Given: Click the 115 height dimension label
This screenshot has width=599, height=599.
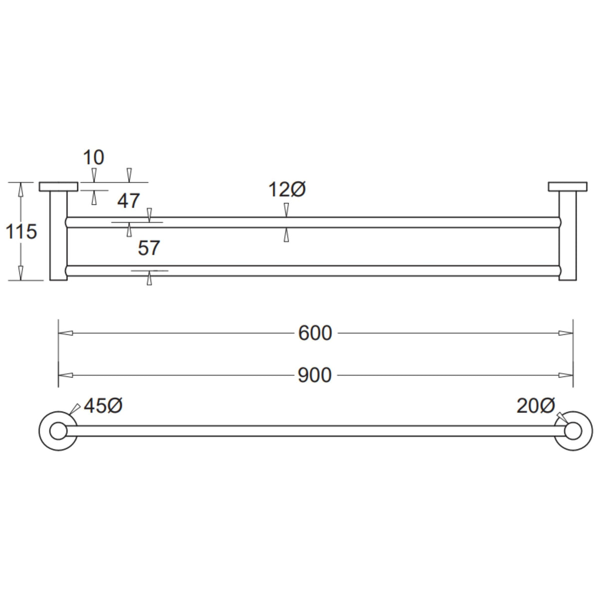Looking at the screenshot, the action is [x=21, y=232].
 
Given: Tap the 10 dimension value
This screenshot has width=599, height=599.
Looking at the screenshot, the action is [x=93, y=158].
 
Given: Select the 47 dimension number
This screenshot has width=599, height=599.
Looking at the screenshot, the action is [x=128, y=201].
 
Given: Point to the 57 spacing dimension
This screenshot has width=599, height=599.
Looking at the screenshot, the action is [x=149, y=248].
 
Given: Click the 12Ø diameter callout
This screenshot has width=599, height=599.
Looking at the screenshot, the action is [x=287, y=189].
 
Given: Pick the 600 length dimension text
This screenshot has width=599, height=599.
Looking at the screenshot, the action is [x=315, y=333].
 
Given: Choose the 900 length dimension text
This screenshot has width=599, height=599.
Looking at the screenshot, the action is [x=314, y=375].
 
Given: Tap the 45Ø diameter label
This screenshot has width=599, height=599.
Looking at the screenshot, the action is [x=103, y=405].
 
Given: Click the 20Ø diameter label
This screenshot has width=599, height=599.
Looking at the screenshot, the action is [x=536, y=405].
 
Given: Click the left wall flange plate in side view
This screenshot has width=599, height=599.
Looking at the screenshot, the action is [x=58, y=187].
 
